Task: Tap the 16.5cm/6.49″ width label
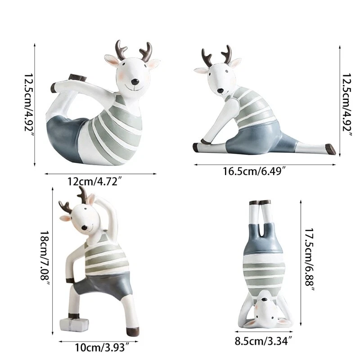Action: click(254, 171)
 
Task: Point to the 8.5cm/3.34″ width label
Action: click(263, 341)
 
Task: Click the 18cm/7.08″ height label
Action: click(45, 258)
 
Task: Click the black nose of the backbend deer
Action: click(135, 81)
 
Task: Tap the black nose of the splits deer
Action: click(220, 90)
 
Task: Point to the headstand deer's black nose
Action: click(265, 300)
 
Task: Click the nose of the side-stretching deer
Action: click(84, 228)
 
